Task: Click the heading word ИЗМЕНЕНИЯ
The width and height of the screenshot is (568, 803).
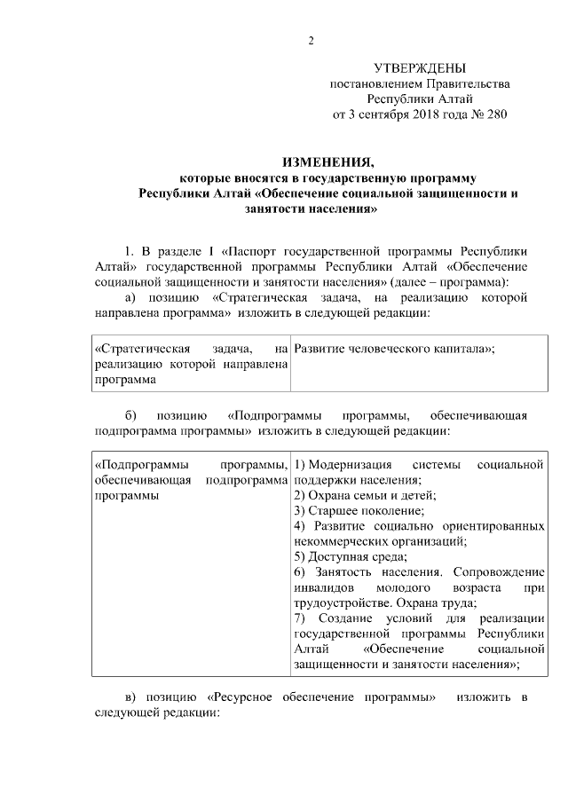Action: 327,162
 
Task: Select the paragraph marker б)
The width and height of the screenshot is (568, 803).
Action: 132,415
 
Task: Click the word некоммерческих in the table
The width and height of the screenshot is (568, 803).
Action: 338,541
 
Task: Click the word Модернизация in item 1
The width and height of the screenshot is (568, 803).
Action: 351,465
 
